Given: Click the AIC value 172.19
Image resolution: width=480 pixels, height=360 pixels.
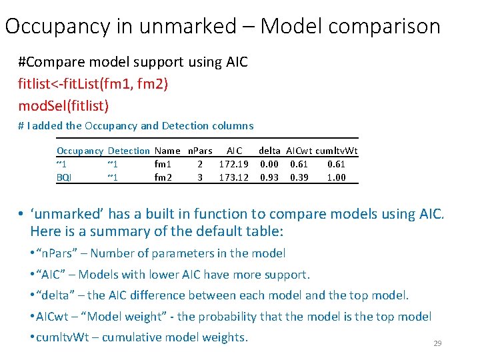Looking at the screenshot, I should click(x=233, y=164).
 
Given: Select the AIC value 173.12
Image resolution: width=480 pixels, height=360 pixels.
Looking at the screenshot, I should click(x=233, y=177).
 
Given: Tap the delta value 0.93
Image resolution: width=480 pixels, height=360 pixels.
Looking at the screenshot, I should click(x=269, y=177).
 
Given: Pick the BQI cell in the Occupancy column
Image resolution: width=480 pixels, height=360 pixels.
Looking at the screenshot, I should click(x=64, y=177).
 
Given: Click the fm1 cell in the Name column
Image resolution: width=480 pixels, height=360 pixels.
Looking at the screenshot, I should click(x=163, y=164).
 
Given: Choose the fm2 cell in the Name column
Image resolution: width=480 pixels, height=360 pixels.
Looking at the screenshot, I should click(x=163, y=177).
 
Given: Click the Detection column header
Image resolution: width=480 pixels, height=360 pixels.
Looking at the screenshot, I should click(x=128, y=151).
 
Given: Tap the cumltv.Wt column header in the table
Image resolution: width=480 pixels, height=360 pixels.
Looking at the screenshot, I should click(x=337, y=151).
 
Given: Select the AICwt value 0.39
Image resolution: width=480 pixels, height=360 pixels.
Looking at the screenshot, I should click(x=299, y=177).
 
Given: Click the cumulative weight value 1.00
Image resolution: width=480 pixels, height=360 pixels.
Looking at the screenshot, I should click(x=337, y=177).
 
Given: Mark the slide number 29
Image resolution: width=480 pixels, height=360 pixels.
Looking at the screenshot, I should click(x=438, y=343).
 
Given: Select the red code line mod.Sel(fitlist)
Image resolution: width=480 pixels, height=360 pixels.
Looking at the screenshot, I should click(x=63, y=105).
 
